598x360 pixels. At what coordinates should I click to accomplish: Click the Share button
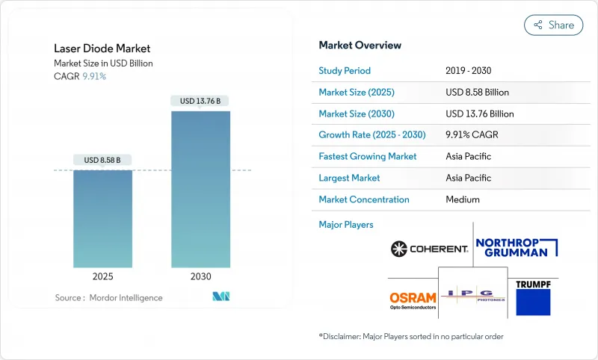553,25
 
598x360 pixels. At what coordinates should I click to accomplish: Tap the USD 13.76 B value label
200,101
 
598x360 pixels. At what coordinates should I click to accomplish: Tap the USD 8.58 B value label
103,160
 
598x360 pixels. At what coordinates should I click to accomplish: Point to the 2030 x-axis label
200,276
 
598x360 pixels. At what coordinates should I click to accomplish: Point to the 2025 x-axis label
103,276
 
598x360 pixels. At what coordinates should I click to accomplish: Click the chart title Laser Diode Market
102,49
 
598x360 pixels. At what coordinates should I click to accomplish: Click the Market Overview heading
360,46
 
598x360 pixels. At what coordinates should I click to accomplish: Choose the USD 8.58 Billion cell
477,93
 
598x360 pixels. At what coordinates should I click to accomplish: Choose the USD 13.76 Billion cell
479,114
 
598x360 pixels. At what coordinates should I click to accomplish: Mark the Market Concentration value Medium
463,199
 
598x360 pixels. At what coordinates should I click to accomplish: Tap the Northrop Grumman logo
517,247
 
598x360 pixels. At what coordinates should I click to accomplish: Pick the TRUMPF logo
533,297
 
